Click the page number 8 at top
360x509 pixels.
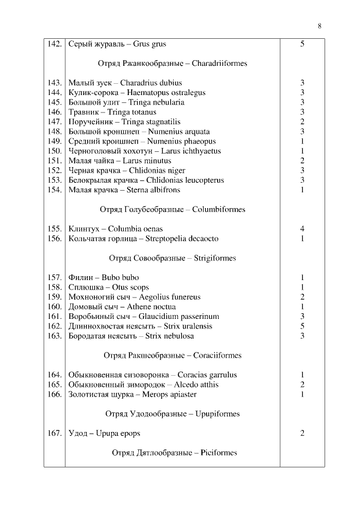point(319,25)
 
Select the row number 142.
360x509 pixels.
point(55,44)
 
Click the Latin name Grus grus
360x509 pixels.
point(150,44)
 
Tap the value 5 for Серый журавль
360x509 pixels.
point(302,44)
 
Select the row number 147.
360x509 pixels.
point(55,121)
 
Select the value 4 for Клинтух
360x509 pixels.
point(302,229)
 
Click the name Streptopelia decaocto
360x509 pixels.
point(182,238)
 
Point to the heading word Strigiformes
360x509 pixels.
point(215,258)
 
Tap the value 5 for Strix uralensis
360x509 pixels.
point(302,326)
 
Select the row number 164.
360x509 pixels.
point(55,375)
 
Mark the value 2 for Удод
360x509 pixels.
point(302,433)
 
